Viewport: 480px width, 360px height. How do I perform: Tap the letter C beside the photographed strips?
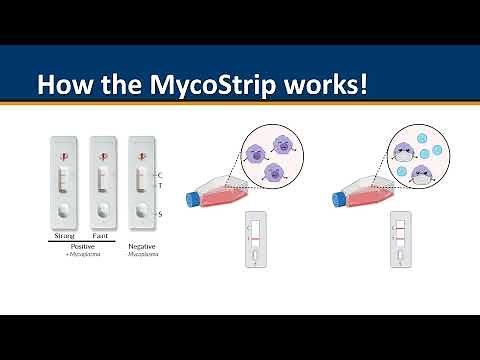161,175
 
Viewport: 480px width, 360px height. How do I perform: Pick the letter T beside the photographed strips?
161,184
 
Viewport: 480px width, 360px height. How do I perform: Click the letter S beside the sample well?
161,214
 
